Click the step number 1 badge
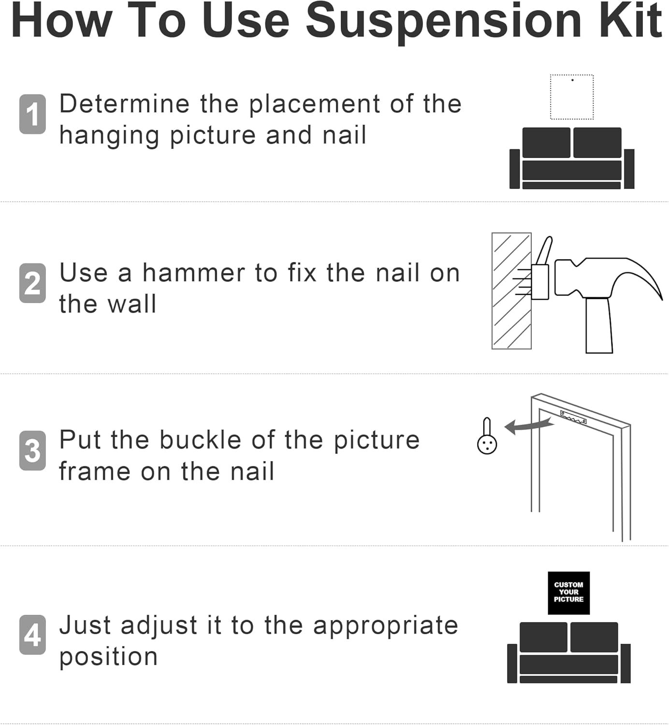tap(32, 114)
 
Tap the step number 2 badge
tap(32, 283)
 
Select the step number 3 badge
tap(32, 450)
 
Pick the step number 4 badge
tap(32, 635)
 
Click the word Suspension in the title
tap(443, 22)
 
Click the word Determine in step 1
tap(125, 104)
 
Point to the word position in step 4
tap(108, 658)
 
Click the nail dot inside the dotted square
tap(572, 80)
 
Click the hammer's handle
tap(599, 325)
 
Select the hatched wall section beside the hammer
tap(511, 291)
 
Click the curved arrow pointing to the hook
tap(529, 426)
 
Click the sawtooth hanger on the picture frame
tap(573, 417)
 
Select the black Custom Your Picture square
tap(568, 593)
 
